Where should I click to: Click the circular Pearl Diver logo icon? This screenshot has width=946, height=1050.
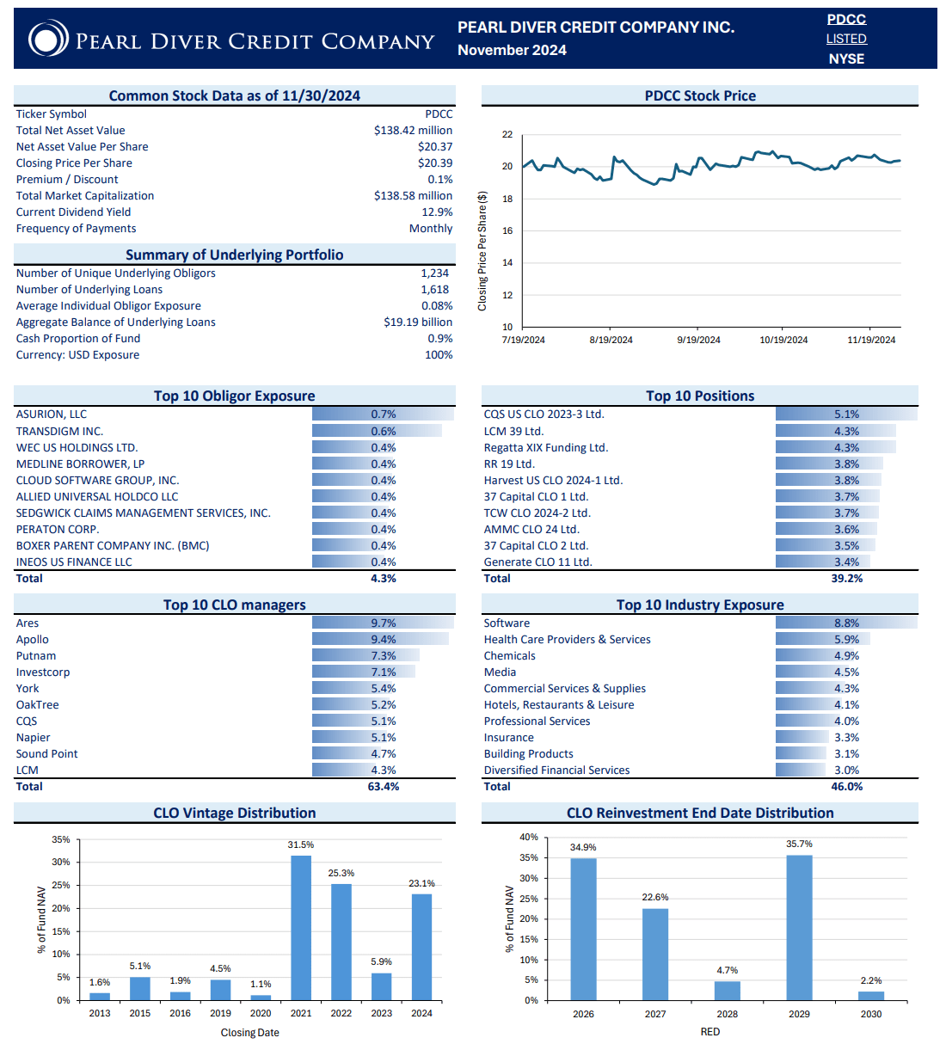(x=48, y=40)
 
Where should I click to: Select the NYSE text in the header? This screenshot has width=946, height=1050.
(x=846, y=58)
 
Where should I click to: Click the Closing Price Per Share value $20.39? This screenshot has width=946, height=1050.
(x=435, y=163)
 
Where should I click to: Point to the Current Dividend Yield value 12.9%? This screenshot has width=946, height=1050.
(x=437, y=212)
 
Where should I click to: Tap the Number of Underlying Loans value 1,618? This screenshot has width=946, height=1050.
(x=434, y=289)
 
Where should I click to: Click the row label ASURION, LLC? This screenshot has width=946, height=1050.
(x=52, y=414)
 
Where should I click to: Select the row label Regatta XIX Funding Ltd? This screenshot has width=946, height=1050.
(x=545, y=447)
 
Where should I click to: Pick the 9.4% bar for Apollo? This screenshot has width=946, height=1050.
(x=380, y=639)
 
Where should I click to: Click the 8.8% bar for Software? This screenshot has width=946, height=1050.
(x=846, y=623)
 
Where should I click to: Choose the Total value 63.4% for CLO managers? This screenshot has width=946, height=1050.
(x=384, y=786)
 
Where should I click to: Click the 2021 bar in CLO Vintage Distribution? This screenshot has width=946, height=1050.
(x=301, y=927)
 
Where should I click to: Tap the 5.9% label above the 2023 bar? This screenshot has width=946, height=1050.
(x=381, y=961)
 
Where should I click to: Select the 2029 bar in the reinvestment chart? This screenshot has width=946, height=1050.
(x=799, y=927)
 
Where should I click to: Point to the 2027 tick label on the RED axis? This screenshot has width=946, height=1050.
(x=655, y=1014)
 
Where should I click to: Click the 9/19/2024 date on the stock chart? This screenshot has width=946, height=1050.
(x=698, y=340)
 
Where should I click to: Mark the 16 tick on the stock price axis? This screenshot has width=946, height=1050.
(x=507, y=230)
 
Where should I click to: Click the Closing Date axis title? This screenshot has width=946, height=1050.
(x=249, y=1032)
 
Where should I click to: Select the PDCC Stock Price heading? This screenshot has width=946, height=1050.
(x=700, y=95)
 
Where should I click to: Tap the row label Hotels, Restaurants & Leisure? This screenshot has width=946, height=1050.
(x=559, y=704)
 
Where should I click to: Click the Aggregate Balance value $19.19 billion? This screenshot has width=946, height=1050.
(x=418, y=322)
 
